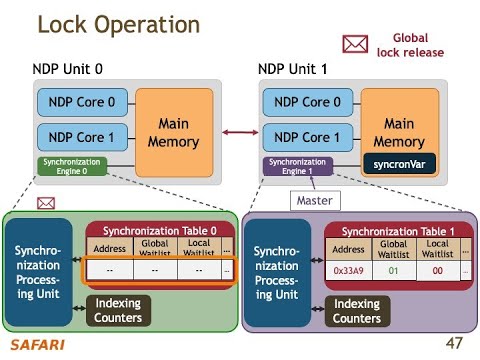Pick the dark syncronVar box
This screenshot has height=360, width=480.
point(399,161)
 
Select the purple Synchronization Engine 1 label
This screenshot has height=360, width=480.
point(296,166)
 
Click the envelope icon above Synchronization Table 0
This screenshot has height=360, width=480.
point(45,202)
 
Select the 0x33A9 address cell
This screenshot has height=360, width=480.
point(348,269)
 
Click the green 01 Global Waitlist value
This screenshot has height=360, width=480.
point(393,269)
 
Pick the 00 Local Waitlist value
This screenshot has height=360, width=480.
point(437,269)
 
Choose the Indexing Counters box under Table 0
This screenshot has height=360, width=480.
point(132,311)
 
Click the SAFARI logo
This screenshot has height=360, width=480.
point(32,346)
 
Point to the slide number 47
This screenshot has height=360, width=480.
point(455,343)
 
